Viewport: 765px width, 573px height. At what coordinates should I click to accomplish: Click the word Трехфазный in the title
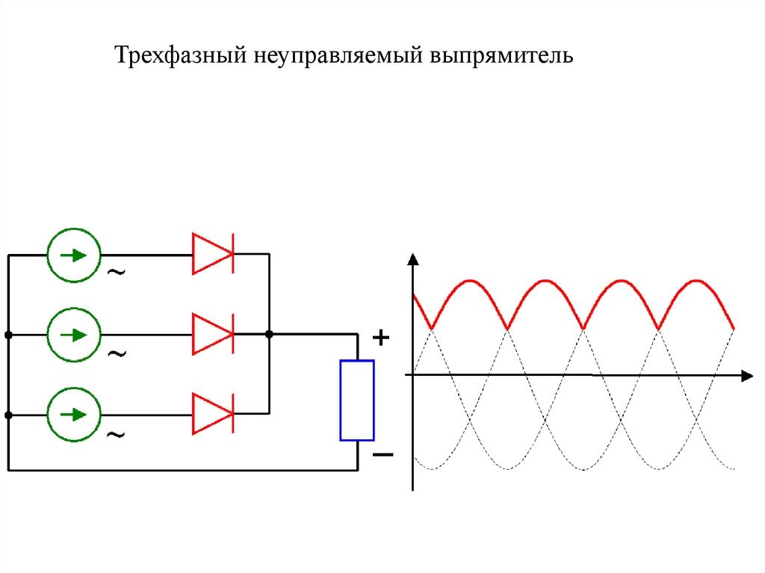(179, 56)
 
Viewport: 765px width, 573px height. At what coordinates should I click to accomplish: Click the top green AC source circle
(73, 255)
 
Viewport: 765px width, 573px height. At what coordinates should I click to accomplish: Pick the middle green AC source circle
(73, 335)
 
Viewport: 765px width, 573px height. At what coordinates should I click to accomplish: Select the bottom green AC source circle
(73, 413)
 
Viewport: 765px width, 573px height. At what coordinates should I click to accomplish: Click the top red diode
(213, 254)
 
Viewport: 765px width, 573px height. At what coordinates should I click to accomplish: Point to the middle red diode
(213, 334)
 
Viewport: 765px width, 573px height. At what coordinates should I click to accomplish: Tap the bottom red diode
(213, 413)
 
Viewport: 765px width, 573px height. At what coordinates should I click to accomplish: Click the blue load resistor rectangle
(357, 400)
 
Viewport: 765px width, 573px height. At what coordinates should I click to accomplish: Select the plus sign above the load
(381, 338)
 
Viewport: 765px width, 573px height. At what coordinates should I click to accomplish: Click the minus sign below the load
(382, 454)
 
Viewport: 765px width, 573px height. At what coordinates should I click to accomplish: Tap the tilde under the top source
(117, 273)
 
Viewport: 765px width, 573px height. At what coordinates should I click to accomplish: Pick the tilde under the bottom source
(117, 433)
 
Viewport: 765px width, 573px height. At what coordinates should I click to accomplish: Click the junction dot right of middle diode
(269, 334)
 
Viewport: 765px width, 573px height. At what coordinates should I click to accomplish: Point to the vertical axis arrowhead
(412, 260)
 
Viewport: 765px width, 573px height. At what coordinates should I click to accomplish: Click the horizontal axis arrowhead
(746, 375)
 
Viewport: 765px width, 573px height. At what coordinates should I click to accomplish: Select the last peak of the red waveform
(696, 281)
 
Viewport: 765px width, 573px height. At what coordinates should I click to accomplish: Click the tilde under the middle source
(117, 353)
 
